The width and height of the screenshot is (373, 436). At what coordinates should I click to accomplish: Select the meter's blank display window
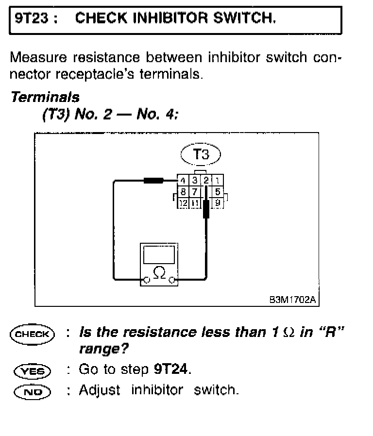click(x=159, y=254)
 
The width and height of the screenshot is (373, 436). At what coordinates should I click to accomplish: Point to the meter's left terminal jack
click(x=145, y=280)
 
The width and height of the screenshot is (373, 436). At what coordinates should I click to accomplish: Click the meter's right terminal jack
click(x=172, y=280)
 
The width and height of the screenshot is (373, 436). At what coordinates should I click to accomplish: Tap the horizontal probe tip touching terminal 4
click(x=155, y=182)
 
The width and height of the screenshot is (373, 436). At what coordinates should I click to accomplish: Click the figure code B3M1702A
click(x=293, y=300)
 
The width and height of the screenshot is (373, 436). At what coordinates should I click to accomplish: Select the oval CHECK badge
click(x=33, y=334)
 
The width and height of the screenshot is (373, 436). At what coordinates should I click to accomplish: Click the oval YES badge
click(x=33, y=370)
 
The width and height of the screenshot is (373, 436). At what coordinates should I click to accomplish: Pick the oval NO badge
click(x=33, y=390)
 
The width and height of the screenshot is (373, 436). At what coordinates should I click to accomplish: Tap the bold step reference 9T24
click(x=171, y=369)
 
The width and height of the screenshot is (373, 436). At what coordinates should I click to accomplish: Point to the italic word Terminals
click(x=45, y=97)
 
